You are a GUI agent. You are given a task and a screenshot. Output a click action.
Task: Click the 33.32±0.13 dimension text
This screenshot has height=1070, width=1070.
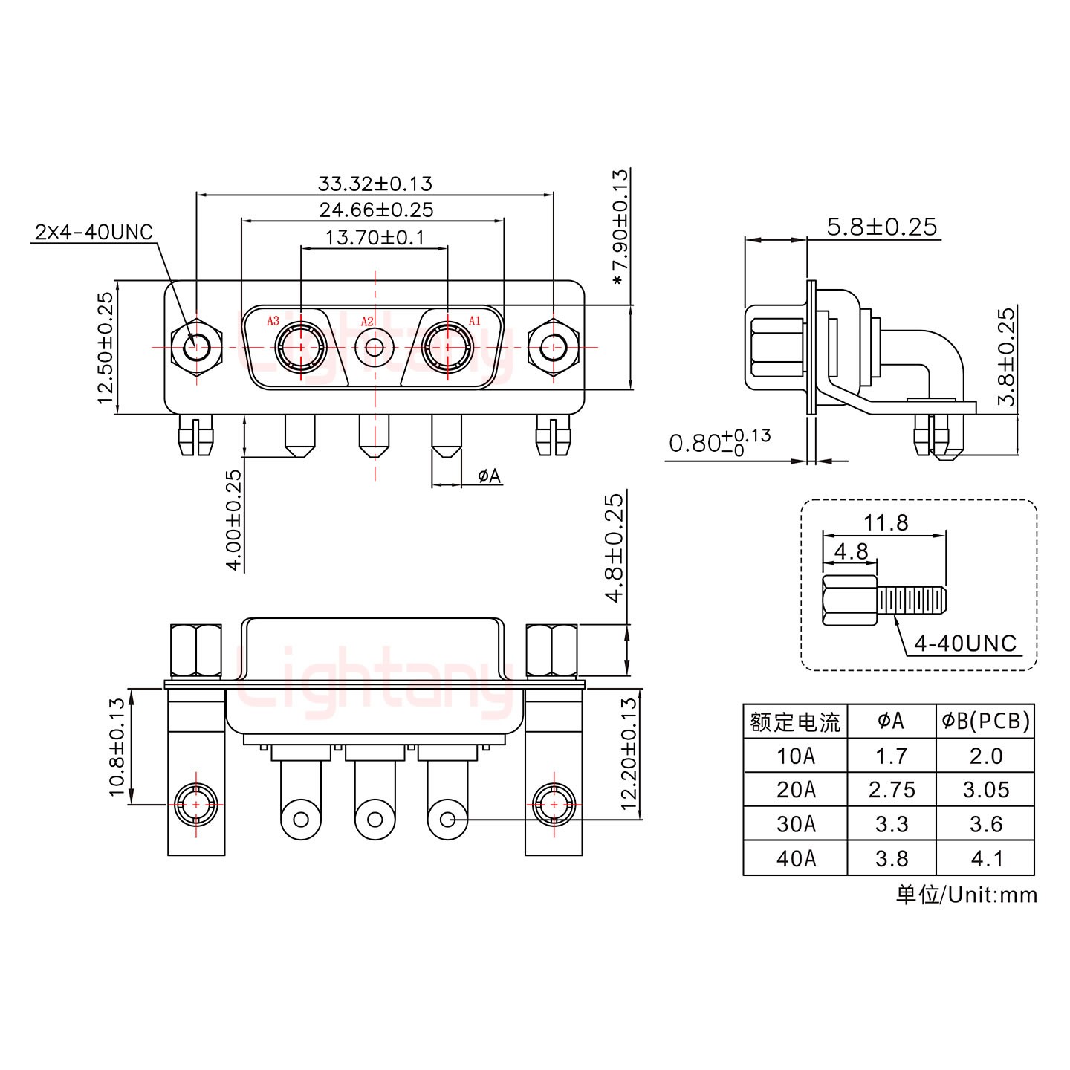[374, 183]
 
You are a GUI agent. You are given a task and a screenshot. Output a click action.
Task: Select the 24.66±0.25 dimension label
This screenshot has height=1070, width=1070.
[376, 210]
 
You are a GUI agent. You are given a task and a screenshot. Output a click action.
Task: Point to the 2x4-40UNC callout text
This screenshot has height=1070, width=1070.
[94, 232]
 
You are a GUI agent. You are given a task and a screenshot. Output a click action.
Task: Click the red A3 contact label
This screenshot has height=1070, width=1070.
[273, 321]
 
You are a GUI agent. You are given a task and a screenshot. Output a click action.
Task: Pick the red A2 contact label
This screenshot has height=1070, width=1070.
[367, 322]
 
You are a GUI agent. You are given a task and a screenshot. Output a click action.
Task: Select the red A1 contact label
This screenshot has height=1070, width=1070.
[475, 321]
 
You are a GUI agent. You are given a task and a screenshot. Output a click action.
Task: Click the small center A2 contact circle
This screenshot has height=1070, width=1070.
[374, 347]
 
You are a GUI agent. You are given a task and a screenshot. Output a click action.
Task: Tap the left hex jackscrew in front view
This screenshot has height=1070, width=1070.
[196, 346]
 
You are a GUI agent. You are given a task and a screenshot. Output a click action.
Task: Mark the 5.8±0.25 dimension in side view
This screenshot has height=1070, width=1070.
[881, 227]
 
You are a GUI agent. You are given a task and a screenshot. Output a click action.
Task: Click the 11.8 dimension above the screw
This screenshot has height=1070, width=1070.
[885, 522]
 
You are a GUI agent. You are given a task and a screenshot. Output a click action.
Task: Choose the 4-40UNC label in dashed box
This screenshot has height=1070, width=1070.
[964, 643]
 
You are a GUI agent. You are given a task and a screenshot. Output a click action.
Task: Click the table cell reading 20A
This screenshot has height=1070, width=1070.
[795, 790]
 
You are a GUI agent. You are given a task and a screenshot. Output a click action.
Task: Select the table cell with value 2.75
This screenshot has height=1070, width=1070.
[891, 790]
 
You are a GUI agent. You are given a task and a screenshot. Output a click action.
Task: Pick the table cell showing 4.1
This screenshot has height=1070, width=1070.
[986, 858]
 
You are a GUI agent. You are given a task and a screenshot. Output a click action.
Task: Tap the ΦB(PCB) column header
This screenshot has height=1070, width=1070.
[985, 721]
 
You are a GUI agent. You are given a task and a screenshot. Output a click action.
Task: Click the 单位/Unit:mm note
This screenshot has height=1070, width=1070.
[966, 894]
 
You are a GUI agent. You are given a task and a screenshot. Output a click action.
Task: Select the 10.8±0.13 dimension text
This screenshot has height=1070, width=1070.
[117, 746]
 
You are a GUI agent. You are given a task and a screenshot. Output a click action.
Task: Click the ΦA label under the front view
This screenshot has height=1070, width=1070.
[489, 476]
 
